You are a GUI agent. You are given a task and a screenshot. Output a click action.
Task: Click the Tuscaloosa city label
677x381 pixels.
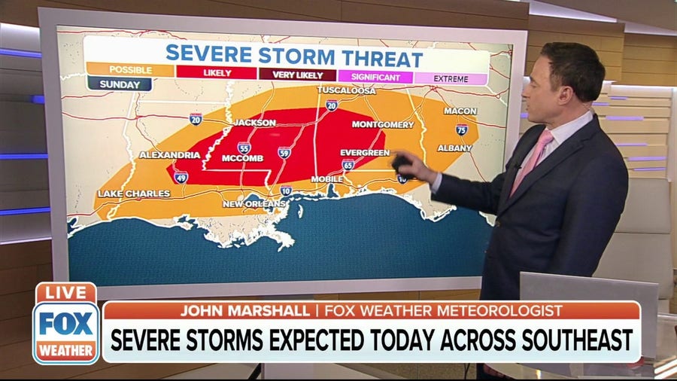tap(347, 90)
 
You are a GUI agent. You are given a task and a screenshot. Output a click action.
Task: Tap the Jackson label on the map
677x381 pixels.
tap(254, 123)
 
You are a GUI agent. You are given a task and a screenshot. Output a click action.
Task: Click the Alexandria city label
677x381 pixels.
tap(169, 155)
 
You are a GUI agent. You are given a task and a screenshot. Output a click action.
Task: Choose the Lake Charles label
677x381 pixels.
tap(134, 194)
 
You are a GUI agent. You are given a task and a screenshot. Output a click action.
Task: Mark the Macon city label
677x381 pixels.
tap(460, 111)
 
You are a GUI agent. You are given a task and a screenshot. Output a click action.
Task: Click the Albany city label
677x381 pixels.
tap(455, 148)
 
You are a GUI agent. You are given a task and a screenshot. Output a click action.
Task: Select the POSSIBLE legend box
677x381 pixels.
tap(130, 70)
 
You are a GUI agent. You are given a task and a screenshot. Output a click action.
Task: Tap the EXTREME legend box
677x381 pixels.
tap(451, 78)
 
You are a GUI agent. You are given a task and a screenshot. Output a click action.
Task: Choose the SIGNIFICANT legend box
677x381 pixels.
tap(375, 76)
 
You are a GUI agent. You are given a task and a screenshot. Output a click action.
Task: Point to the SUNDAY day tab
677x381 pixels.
tap(119, 84)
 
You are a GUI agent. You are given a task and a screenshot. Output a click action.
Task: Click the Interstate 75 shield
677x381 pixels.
tap(461, 130)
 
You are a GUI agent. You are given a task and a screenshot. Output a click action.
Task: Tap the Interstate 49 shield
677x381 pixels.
tap(181, 177)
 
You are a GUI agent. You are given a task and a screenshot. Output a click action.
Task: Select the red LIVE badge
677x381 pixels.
tap(65, 292)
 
